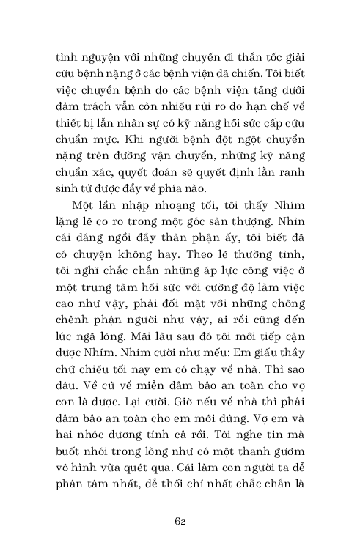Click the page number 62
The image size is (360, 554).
[180, 520]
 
